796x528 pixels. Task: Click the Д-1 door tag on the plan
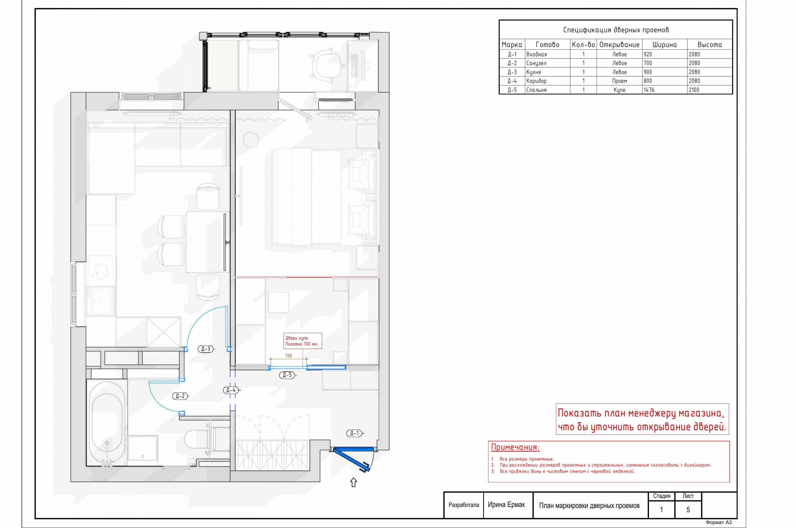(x=354, y=433)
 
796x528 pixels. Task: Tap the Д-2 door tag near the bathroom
(x=180, y=396)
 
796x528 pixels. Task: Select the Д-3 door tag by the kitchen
(x=206, y=349)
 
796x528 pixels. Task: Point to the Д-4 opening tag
(x=231, y=390)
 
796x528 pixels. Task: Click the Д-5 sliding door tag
(x=287, y=375)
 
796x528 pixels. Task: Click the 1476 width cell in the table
(x=649, y=90)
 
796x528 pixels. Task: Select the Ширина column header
(x=664, y=44)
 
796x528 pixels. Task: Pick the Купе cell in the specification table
(x=619, y=90)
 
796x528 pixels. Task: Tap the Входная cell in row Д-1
(x=536, y=54)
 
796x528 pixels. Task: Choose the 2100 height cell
(x=694, y=90)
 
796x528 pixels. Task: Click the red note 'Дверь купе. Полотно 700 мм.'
(x=302, y=341)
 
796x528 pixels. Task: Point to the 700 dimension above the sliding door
(x=289, y=356)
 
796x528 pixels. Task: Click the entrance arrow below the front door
(x=353, y=483)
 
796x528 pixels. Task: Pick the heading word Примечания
(x=515, y=447)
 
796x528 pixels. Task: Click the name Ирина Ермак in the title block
(x=507, y=505)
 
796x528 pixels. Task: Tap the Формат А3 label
(x=719, y=522)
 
